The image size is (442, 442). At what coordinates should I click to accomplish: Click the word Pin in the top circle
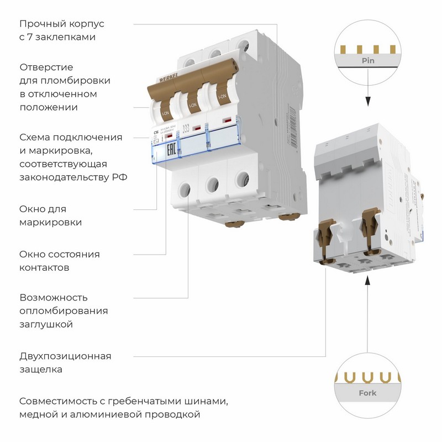click(367, 60)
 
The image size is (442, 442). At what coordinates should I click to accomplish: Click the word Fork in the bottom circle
click(367, 393)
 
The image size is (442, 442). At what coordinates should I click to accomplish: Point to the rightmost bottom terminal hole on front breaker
click(241, 178)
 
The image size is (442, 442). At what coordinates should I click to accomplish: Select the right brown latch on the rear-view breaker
click(369, 227)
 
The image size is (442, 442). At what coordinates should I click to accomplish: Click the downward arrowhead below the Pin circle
click(367, 102)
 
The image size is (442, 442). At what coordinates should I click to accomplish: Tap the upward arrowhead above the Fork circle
click(367, 284)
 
